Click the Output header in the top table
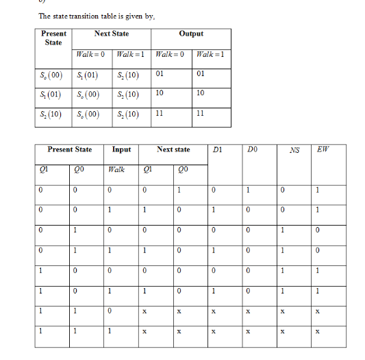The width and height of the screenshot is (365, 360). (x=191, y=34)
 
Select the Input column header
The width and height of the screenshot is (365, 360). (x=122, y=149)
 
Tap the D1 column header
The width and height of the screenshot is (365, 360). (x=216, y=149)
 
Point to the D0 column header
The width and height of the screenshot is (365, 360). (x=253, y=149)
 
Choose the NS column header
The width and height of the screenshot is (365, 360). (x=294, y=149)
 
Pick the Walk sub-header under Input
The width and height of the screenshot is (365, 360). (x=117, y=169)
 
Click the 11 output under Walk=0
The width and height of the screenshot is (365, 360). (x=160, y=114)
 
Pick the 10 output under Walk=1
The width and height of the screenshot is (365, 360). (x=200, y=93)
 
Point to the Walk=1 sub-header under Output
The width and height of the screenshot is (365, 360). (x=211, y=53)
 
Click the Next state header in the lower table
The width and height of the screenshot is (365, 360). (x=173, y=149)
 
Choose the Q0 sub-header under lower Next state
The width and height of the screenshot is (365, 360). (x=181, y=169)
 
